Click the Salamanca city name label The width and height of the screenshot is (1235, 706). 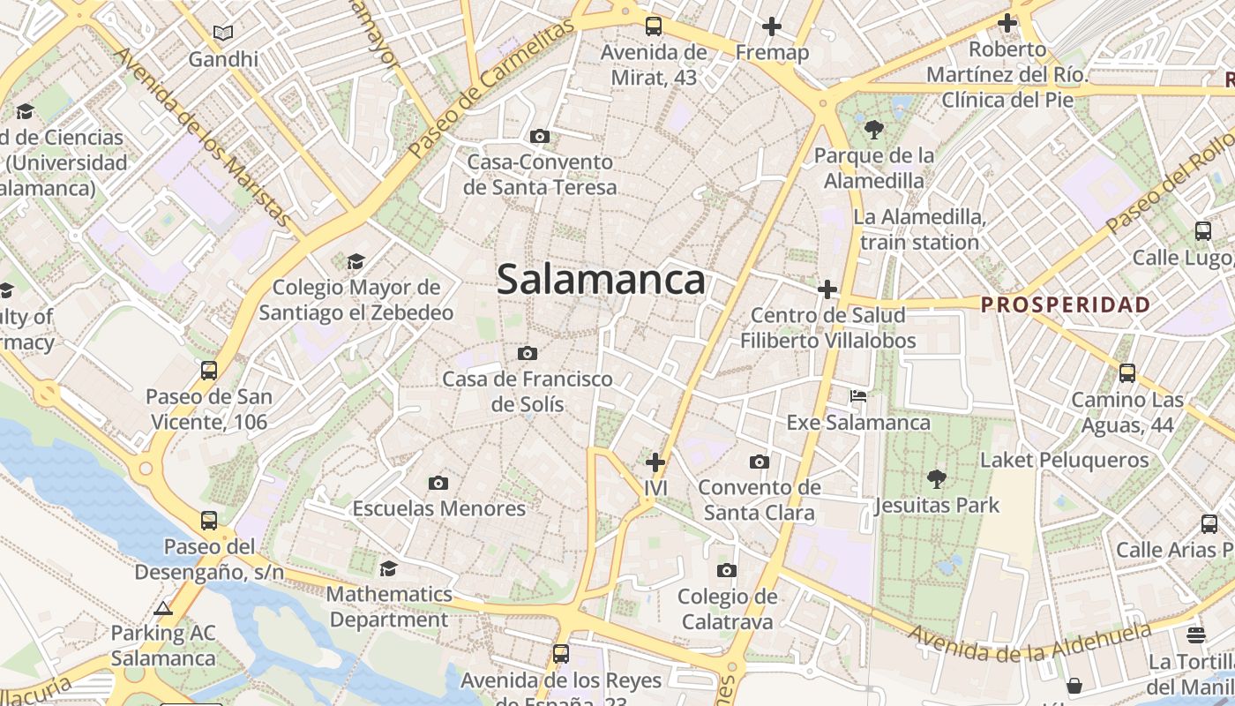(x=601, y=280)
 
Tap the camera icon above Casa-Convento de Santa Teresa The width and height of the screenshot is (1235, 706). (x=540, y=137)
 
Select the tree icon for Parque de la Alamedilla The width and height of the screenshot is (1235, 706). (x=874, y=131)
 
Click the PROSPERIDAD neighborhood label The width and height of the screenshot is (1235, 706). (x=1066, y=305)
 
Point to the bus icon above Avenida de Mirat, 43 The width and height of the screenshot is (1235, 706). (x=653, y=26)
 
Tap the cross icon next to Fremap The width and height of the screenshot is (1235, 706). (x=772, y=26)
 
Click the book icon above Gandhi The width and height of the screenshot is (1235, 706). (x=223, y=34)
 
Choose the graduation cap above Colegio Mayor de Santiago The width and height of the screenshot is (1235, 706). (x=356, y=261)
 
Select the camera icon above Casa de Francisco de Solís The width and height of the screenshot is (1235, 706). (x=528, y=354)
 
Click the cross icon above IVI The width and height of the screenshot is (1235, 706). (x=655, y=462)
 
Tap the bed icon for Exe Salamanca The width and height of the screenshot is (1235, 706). (x=858, y=396)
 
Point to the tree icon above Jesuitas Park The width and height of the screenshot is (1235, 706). (x=936, y=479)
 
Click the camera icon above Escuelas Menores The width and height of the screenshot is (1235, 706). (x=438, y=483)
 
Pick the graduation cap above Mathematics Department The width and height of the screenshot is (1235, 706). (x=388, y=568)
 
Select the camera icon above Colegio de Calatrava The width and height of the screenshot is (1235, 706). (x=727, y=571)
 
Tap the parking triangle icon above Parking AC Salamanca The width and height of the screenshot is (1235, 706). (x=162, y=608)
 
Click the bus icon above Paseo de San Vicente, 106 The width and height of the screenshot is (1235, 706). (x=209, y=371)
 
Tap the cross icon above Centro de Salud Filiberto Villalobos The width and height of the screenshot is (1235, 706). (x=827, y=289)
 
